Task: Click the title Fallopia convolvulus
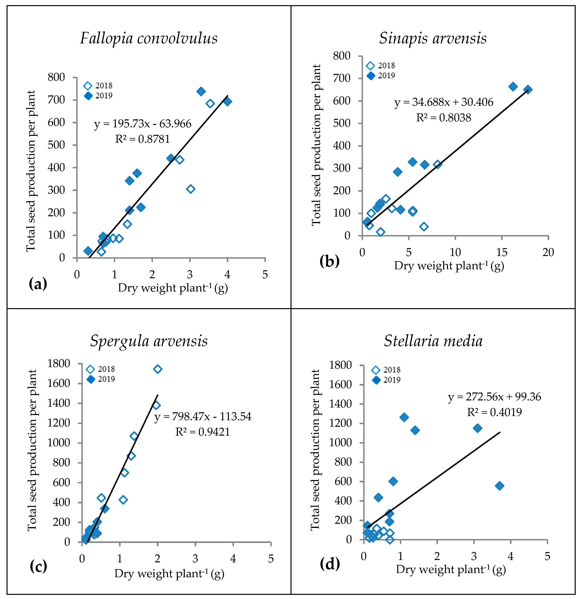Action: tap(149, 39)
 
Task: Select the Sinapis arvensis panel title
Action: tap(433, 39)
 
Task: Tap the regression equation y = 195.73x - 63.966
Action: tap(143, 124)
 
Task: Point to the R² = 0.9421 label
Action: tap(202, 432)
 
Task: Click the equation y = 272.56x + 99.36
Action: tap(494, 397)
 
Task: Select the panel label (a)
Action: tap(38, 284)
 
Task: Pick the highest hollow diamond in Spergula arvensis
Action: tap(158, 369)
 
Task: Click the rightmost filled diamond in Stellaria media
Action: tap(500, 486)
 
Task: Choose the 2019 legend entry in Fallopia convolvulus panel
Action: tap(98, 96)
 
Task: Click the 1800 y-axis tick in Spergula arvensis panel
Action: tap(59, 364)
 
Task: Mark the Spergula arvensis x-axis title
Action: tap(169, 573)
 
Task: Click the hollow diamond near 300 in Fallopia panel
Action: tap(191, 189)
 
